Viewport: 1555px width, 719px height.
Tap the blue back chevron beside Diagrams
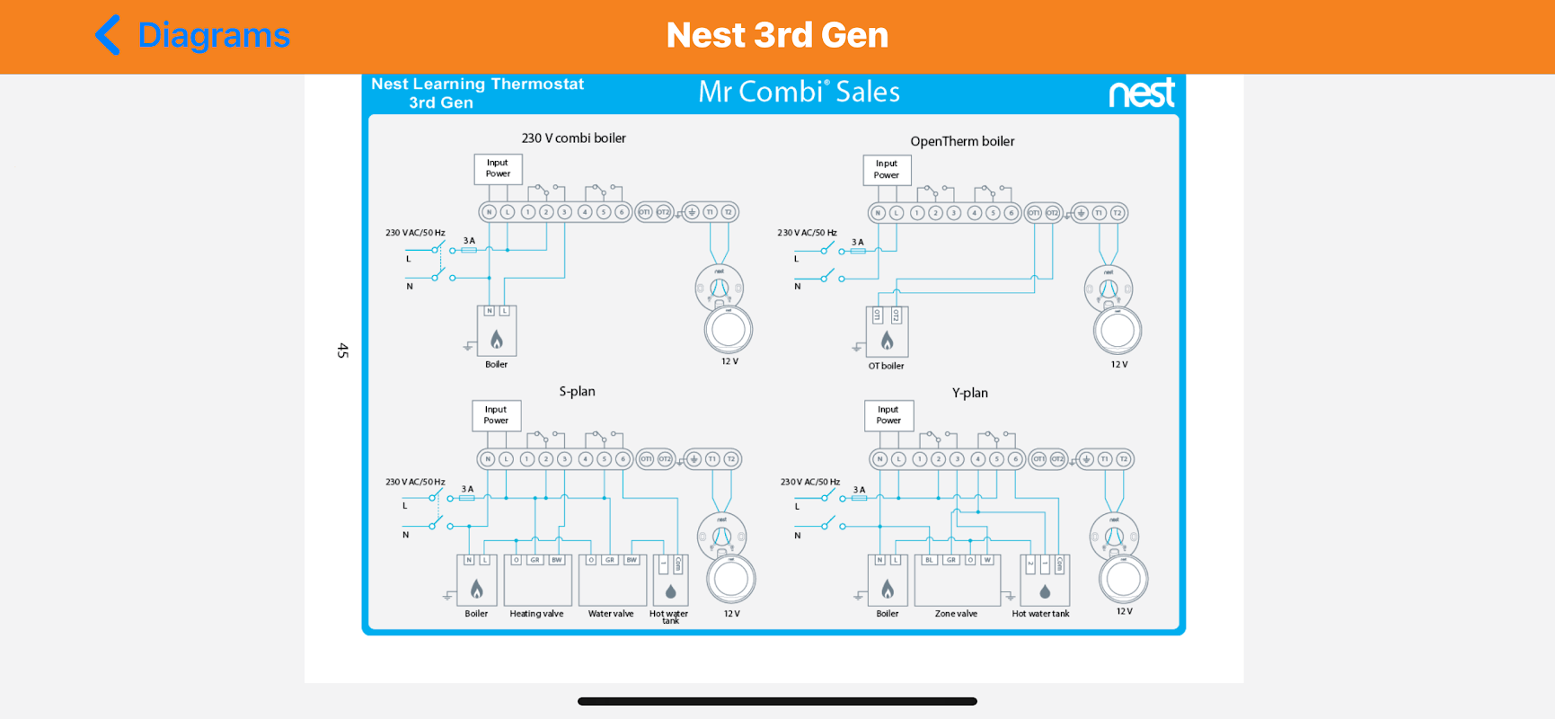coord(108,35)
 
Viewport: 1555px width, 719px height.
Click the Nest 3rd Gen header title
coord(777,35)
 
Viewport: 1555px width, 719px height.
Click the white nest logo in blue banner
coord(1141,93)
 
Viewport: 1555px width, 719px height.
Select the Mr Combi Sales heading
coord(799,92)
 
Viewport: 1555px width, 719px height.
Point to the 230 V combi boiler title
coord(573,138)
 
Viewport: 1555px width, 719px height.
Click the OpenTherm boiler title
coord(962,141)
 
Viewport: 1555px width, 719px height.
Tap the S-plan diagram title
coord(577,391)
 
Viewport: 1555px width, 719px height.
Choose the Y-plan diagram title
coord(969,393)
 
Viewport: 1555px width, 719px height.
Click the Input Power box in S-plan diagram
coord(496,415)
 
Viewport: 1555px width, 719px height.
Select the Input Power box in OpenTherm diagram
coord(887,170)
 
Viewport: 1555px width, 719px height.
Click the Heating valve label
coord(536,614)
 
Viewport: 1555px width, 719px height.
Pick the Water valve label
coord(611,614)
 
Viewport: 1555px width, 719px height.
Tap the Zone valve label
coord(956,614)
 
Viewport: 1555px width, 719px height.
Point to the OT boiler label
coord(886,366)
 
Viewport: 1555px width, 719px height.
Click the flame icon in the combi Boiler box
coord(497,339)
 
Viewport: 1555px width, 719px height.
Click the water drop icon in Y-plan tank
coord(1045,591)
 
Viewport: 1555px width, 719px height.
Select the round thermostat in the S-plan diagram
coord(731,579)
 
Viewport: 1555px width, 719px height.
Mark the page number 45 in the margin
coord(342,351)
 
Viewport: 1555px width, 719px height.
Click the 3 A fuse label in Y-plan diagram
coord(859,490)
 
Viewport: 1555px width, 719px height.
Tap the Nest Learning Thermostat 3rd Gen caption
coord(477,93)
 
